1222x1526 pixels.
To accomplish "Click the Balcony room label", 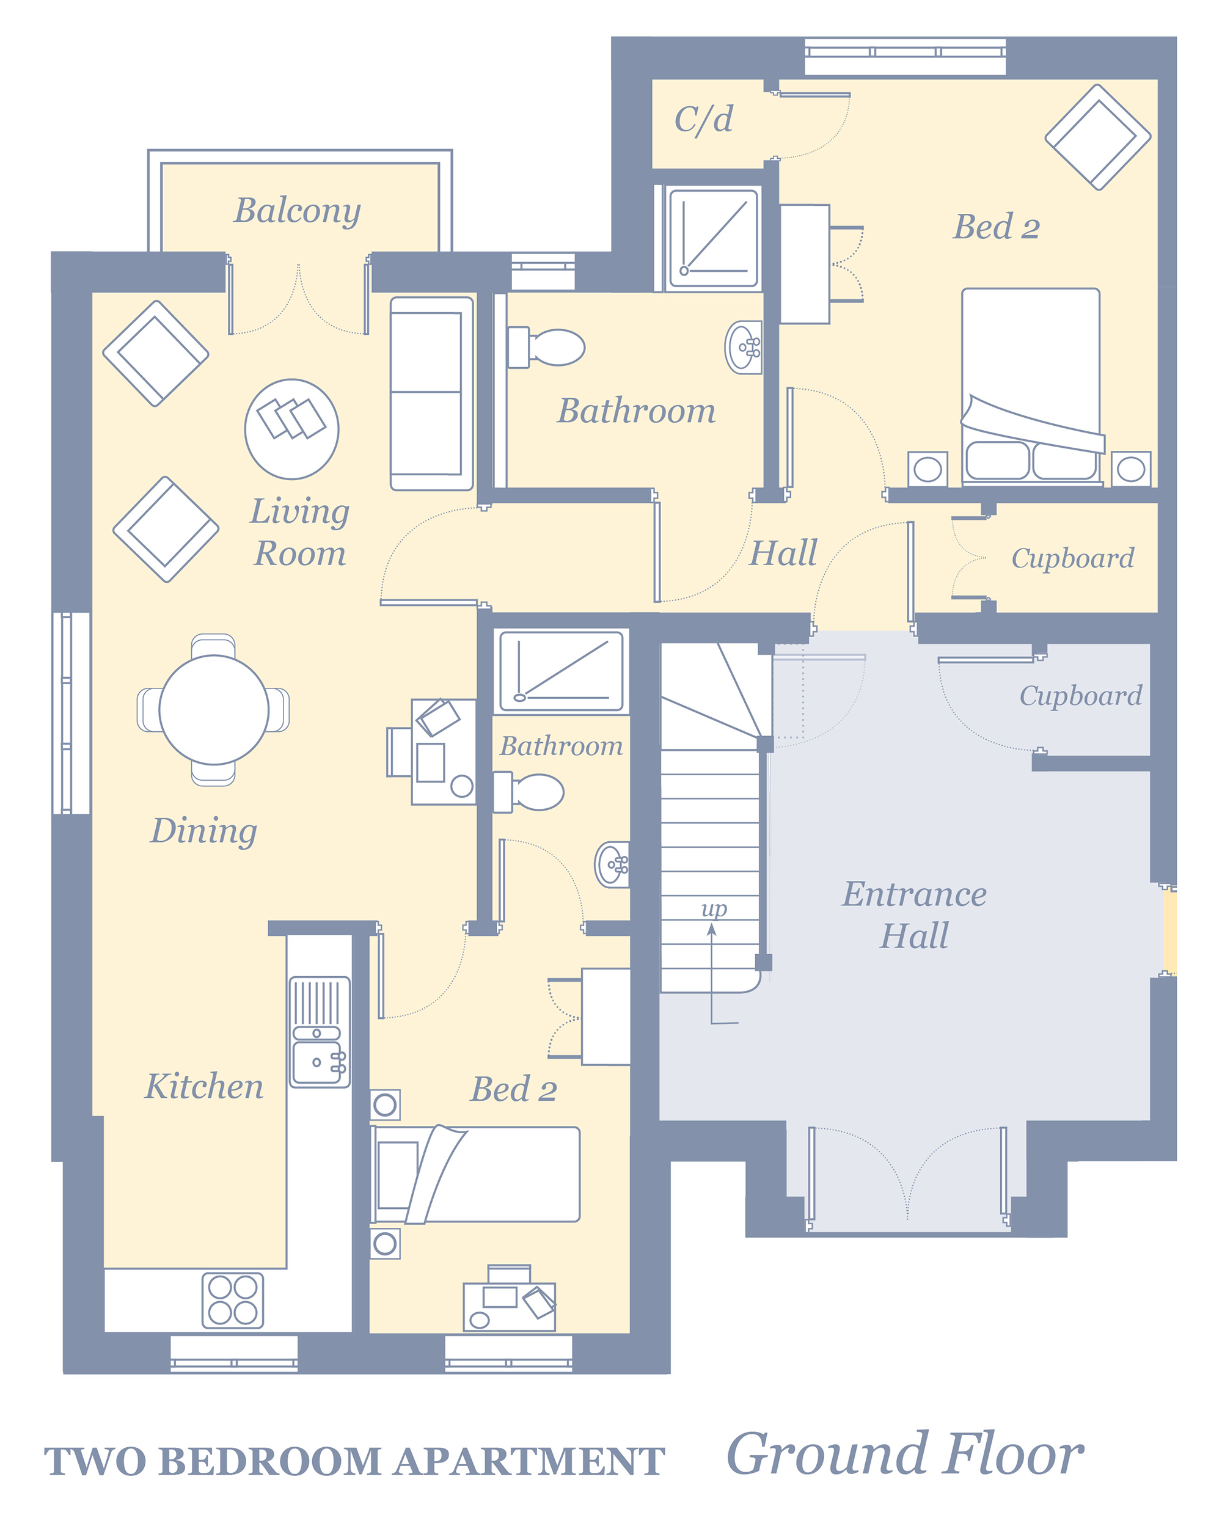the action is [x=298, y=211].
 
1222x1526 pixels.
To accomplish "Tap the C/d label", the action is [x=704, y=120].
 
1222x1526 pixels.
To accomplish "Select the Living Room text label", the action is [x=300, y=531].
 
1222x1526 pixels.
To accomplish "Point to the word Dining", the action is [x=204, y=831].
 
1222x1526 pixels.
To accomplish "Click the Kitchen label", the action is [x=204, y=1086].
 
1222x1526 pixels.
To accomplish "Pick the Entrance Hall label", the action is [x=915, y=915].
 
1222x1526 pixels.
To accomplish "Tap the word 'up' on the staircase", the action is [x=714, y=910].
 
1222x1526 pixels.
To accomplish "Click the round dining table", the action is [x=214, y=710].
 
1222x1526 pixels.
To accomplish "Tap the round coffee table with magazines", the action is [x=291, y=429].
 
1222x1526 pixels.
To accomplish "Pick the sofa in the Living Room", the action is [x=432, y=393].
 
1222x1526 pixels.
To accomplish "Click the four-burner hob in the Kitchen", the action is [x=233, y=1300].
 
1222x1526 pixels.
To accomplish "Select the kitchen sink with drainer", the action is [x=320, y=1032].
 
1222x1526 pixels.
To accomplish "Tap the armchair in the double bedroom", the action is [x=1098, y=137].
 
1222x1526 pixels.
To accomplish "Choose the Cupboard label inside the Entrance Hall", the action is [x=1081, y=696].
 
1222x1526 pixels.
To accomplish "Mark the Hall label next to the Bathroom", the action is [x=784, y=553].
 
